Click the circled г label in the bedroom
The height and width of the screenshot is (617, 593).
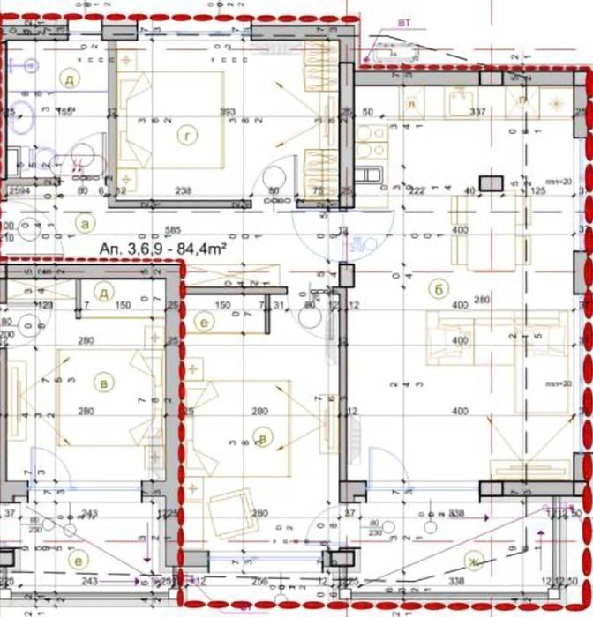[x=185, y=136]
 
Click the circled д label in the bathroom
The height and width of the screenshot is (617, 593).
[x=68, y=78]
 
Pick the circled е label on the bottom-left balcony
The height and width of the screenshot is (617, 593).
[x=79, y=561]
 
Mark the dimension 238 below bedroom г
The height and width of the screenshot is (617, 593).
[x=184, y=190]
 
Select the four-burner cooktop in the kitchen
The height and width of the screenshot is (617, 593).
[x=369, y=140]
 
